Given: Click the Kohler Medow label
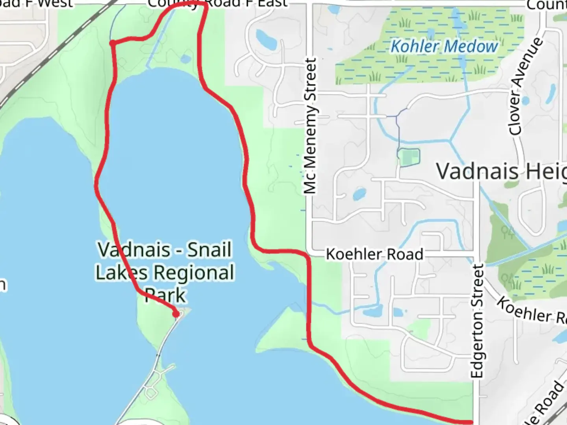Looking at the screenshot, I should [444, 46].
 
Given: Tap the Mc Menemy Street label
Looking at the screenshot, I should [310, 126].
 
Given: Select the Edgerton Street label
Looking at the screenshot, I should [477, 321].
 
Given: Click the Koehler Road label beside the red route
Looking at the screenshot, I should [374, 254].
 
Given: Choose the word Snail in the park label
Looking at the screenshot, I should [209, 250].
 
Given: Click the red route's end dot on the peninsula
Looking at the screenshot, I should [176, 314].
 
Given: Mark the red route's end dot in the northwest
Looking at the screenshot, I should [113, 43].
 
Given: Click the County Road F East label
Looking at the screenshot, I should [217, 4].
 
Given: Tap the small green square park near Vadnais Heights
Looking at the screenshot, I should [409, 157].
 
